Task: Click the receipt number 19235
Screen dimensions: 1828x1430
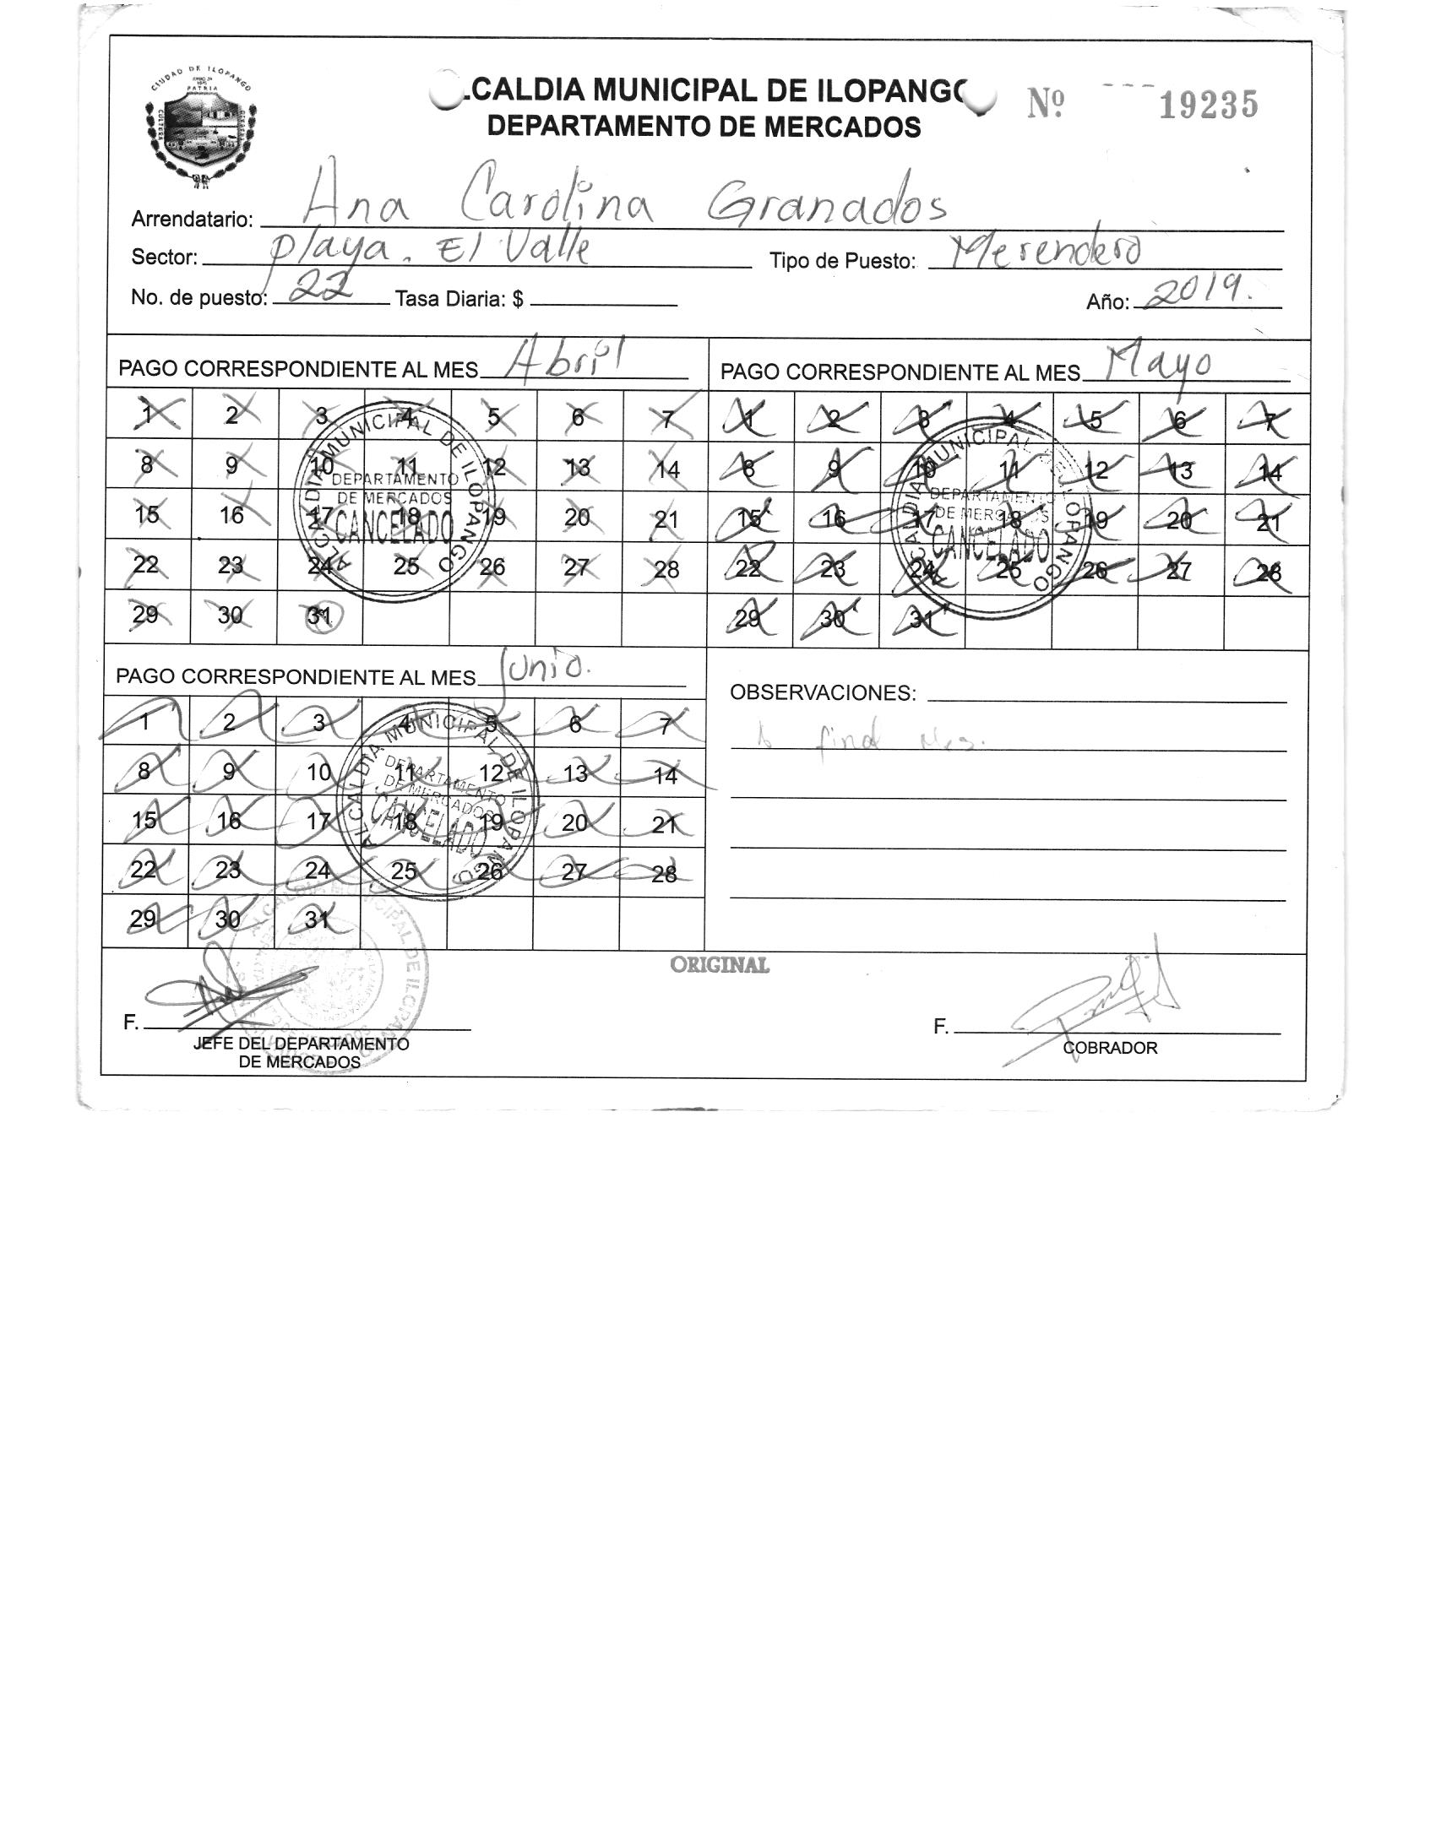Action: click(x=1208, y=106)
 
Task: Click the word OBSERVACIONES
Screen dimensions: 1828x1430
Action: click(x=822, y=693)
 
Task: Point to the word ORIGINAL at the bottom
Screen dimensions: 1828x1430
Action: click(x=720, y=965)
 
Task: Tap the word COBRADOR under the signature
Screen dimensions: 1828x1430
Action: click(x=1110, y=1048)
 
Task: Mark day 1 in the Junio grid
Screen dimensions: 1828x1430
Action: click(x=145, y=722)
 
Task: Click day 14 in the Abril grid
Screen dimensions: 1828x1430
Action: click(x=667, y=469)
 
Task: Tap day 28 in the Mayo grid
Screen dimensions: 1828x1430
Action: click(x=1268, y=572)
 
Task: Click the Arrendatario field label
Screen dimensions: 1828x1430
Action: click(x=192, y=220)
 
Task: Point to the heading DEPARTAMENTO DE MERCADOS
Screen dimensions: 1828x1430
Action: click(x=704, y=127)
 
